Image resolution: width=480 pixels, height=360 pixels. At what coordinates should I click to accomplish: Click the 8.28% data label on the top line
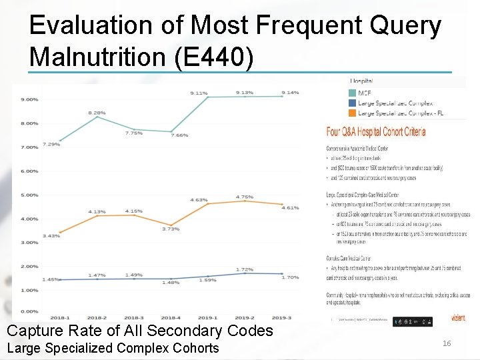coord(97,113)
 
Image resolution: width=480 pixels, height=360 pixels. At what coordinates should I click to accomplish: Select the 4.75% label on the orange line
coord(245,197)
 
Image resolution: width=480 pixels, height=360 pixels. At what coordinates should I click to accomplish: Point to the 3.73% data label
coord(171,229)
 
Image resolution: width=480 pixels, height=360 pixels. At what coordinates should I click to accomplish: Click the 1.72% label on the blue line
coord(245,269)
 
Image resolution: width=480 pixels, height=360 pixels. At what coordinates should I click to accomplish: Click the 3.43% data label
coord(51,236)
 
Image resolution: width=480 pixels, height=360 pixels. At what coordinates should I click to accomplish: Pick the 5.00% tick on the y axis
coord(29,195)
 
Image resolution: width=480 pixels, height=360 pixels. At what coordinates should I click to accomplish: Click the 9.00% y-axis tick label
coord(29,99)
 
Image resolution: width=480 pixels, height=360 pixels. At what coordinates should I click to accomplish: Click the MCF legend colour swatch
coord(353,93)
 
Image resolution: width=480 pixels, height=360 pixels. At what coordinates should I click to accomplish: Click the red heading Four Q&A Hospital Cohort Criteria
coord(375,131)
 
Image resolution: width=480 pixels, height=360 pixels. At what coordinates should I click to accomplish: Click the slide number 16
coord(447,343)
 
